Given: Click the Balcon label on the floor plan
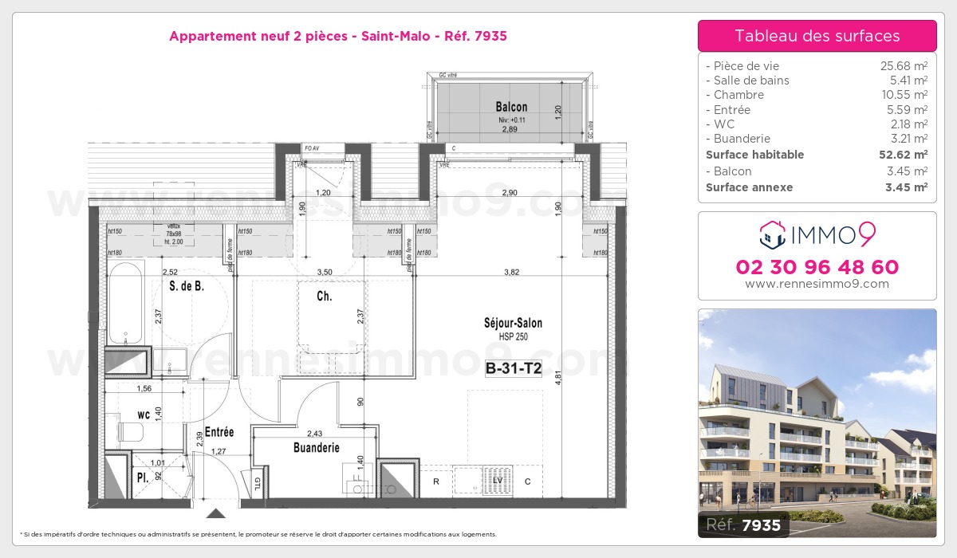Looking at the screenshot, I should pos(511,107).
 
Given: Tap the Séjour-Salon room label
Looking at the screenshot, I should pos(513,323).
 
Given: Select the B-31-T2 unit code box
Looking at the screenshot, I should pos(514,368).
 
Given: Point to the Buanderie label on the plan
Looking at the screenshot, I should pos(317,448).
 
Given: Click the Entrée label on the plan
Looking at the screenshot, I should pos(219,432).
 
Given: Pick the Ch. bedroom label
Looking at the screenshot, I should pos(325,297).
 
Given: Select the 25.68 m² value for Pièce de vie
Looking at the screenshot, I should pos(903,66).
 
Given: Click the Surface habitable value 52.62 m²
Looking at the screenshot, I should pos(903,155).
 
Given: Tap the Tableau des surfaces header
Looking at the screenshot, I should pos(817,36).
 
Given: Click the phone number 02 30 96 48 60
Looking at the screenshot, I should pos(817,267).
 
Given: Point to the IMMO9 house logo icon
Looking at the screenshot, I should pos(772,234).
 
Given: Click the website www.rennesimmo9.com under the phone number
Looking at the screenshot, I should pos(817,284).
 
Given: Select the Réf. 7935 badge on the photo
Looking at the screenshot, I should pos(743,525).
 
